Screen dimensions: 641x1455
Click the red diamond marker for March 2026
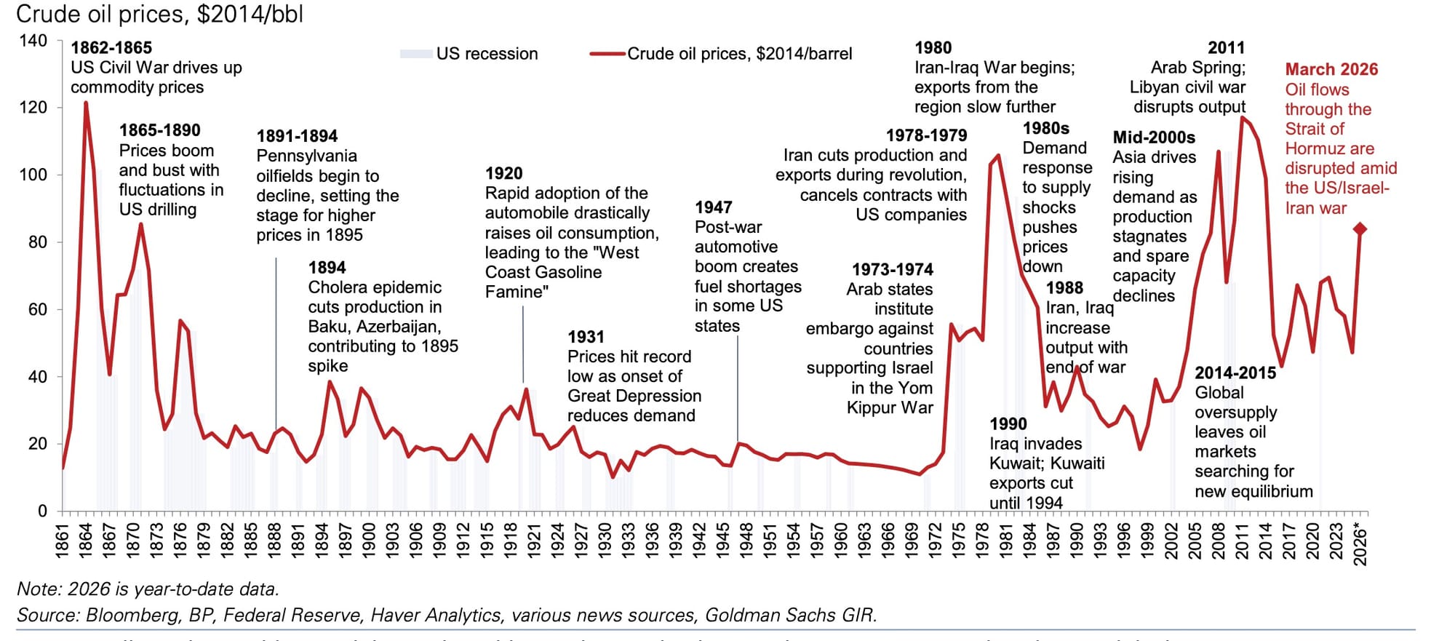point(1360,229)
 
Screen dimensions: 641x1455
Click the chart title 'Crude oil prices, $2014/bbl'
point(159,14)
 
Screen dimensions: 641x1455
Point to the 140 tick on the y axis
point(33,41)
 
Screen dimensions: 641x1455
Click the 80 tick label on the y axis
point(38,242)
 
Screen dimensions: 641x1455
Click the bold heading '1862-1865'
point(111,48)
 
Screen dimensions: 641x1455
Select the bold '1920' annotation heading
point(503,173)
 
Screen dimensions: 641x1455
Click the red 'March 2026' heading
point(1331,70)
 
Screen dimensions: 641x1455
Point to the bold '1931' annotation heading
point(586,337)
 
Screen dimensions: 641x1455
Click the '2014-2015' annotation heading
point(1235,373)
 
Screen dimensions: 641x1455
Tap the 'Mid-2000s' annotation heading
point(1154,138)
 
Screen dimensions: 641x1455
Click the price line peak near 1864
point(86,103)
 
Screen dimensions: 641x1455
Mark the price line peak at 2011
point(1242,117)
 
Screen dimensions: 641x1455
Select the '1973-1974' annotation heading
point(892,270)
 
